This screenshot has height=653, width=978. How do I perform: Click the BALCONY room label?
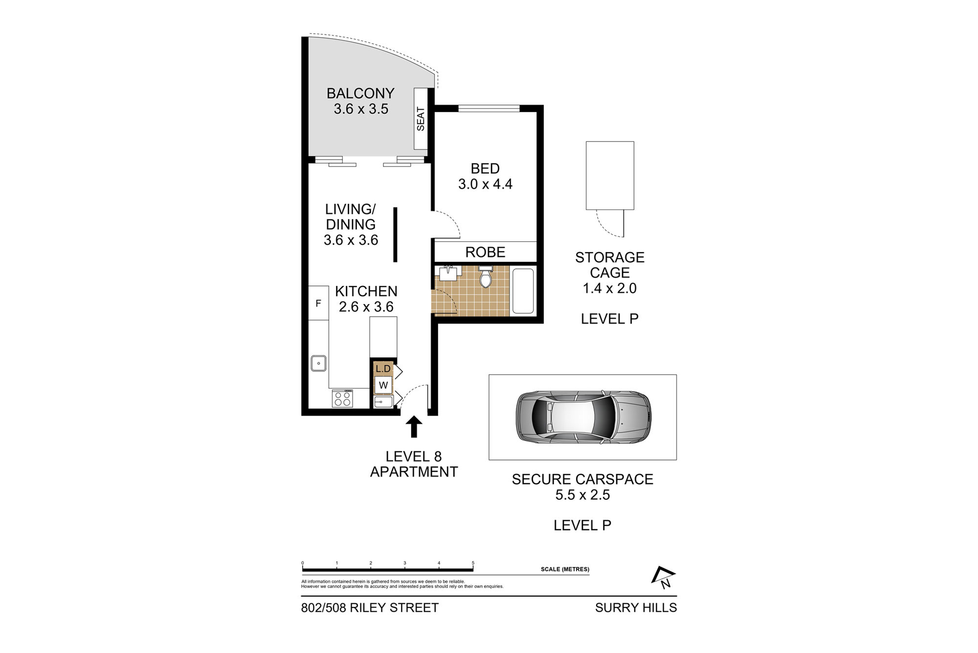coord(360,93)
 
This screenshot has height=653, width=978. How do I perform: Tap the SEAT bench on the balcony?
coord(421,119)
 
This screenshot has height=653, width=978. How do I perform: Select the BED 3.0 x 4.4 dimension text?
coord(485,184)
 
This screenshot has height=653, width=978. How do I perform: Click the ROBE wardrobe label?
coord(485,252)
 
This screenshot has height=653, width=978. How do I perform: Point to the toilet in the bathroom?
coord(485,276)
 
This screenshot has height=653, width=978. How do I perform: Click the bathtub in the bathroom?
coord(523,291)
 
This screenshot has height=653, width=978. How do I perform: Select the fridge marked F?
coord(318,303)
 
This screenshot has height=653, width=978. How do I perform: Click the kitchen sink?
coord(318,363)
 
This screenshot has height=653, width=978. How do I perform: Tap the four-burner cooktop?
coord(342,398)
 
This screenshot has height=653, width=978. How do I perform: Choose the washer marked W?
coord(383,385)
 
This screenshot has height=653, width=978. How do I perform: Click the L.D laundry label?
coord(383,369)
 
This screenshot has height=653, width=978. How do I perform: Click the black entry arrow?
coord(414,426)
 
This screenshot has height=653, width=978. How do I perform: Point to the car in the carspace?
coord(583,418)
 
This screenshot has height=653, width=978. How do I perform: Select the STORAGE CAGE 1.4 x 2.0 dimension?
coord(610,288)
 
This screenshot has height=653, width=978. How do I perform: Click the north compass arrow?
coord(664,577)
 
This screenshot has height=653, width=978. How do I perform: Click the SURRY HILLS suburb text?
coord(636,607)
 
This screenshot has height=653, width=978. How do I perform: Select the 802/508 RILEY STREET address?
coord(370,607)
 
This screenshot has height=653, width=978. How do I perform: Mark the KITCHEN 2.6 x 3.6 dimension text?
coord(366,307)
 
